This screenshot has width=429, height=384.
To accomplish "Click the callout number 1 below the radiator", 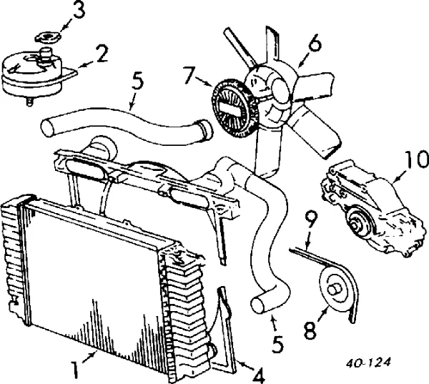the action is tap(74, 370).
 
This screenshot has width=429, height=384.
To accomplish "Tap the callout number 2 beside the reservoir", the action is tap(100, 54).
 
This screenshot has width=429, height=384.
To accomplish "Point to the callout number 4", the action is tap(258, 375).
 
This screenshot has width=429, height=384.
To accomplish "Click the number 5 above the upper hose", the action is tap(137, 81).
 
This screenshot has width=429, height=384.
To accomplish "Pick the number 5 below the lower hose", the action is tap(277, 343).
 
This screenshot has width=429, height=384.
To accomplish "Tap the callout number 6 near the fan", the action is tap(315, 43).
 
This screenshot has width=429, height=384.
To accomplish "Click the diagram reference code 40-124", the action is tap(368, 363).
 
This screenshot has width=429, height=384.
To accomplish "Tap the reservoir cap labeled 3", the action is tap(48, 37).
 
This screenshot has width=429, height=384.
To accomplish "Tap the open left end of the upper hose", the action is tap(48, 127).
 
